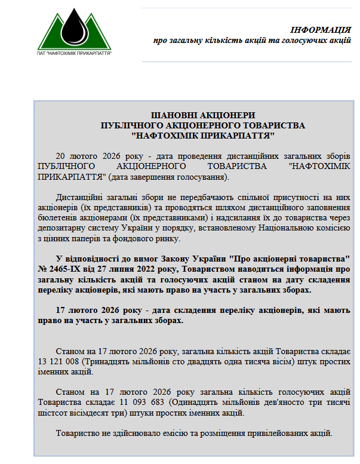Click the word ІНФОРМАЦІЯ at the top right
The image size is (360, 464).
point(320,30)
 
